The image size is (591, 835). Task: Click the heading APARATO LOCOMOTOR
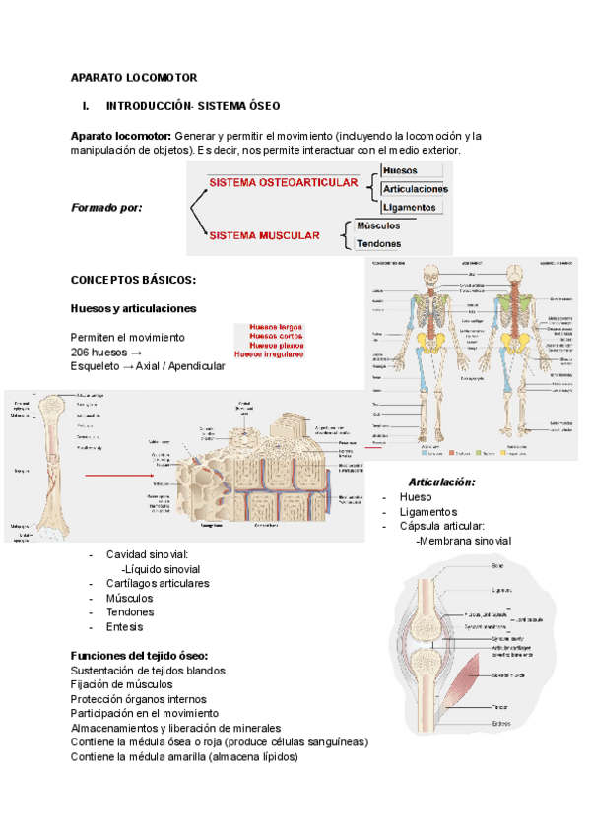134,77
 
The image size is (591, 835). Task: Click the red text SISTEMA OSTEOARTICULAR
283,183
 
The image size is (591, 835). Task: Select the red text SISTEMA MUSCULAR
265,236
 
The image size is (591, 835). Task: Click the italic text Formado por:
107,207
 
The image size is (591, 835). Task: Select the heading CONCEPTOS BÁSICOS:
134,280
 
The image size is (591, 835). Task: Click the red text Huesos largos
276,326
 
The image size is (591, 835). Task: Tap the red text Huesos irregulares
269,354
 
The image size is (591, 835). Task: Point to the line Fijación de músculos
122,684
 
